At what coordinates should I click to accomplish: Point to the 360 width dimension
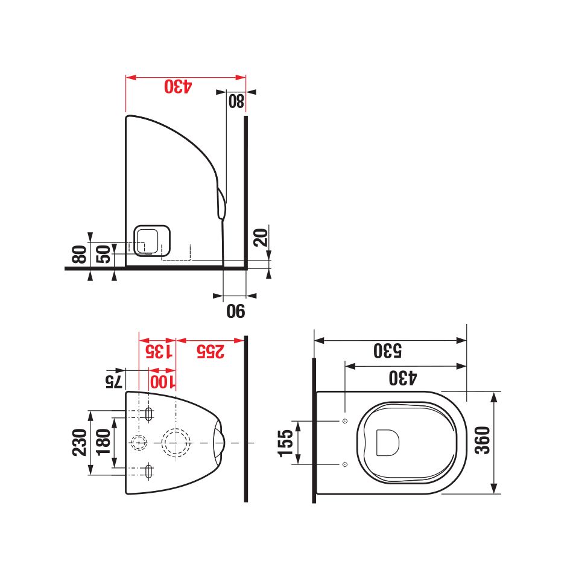483,442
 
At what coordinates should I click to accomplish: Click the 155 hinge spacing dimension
285,442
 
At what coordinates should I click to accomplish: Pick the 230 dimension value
80,442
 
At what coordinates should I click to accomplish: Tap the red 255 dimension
209,351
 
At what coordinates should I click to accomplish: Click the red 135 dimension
156,351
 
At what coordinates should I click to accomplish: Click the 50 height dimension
104,254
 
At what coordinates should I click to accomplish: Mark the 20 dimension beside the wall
260,236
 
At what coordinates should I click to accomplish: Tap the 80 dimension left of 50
79,254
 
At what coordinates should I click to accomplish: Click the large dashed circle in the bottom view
176,443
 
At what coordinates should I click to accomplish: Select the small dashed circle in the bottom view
139,443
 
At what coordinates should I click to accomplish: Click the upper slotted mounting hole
149,414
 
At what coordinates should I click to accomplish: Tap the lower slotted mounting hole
149,470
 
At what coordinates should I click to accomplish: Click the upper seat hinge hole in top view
344,420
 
